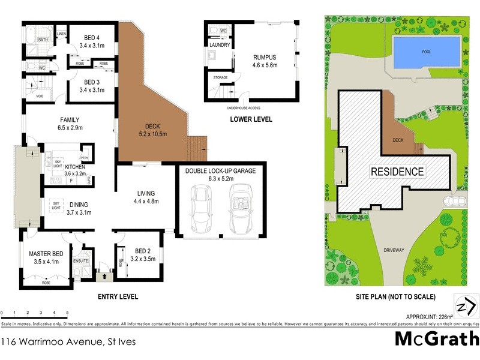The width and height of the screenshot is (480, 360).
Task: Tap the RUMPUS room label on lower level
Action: (264, 58)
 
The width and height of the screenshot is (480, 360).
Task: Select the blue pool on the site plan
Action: (427, 52)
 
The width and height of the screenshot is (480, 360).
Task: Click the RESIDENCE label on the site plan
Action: (397, 172)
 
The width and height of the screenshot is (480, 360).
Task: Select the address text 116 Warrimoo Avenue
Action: (68, 342)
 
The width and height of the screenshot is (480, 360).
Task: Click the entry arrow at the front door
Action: (105, 277)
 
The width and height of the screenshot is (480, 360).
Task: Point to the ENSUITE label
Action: (81, 261)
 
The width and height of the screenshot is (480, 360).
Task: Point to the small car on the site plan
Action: (454, 201)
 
